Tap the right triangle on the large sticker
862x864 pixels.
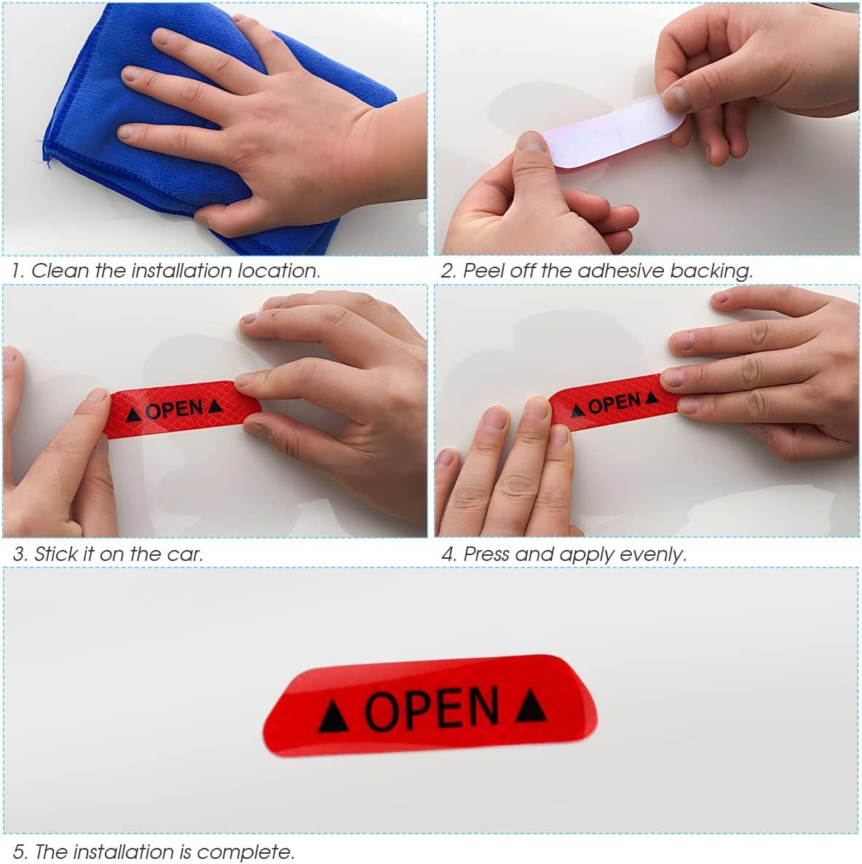530,705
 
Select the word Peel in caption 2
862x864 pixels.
481,271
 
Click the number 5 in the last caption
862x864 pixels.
18,852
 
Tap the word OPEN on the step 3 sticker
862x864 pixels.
174,410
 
